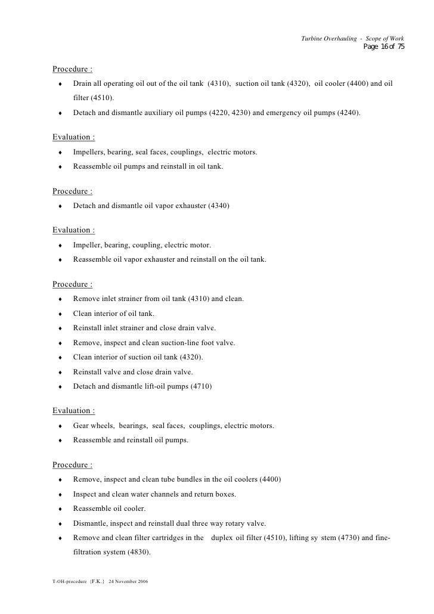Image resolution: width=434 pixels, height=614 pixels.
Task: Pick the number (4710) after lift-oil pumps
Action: point(200,386)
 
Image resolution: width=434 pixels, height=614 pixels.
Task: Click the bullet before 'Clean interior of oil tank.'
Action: point(61,314)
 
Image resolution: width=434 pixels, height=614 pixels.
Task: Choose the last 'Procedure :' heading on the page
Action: point(72,465)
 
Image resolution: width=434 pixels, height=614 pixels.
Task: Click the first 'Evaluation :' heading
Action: point(73,138)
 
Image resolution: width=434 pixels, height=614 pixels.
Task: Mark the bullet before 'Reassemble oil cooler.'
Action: point(61,510)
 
